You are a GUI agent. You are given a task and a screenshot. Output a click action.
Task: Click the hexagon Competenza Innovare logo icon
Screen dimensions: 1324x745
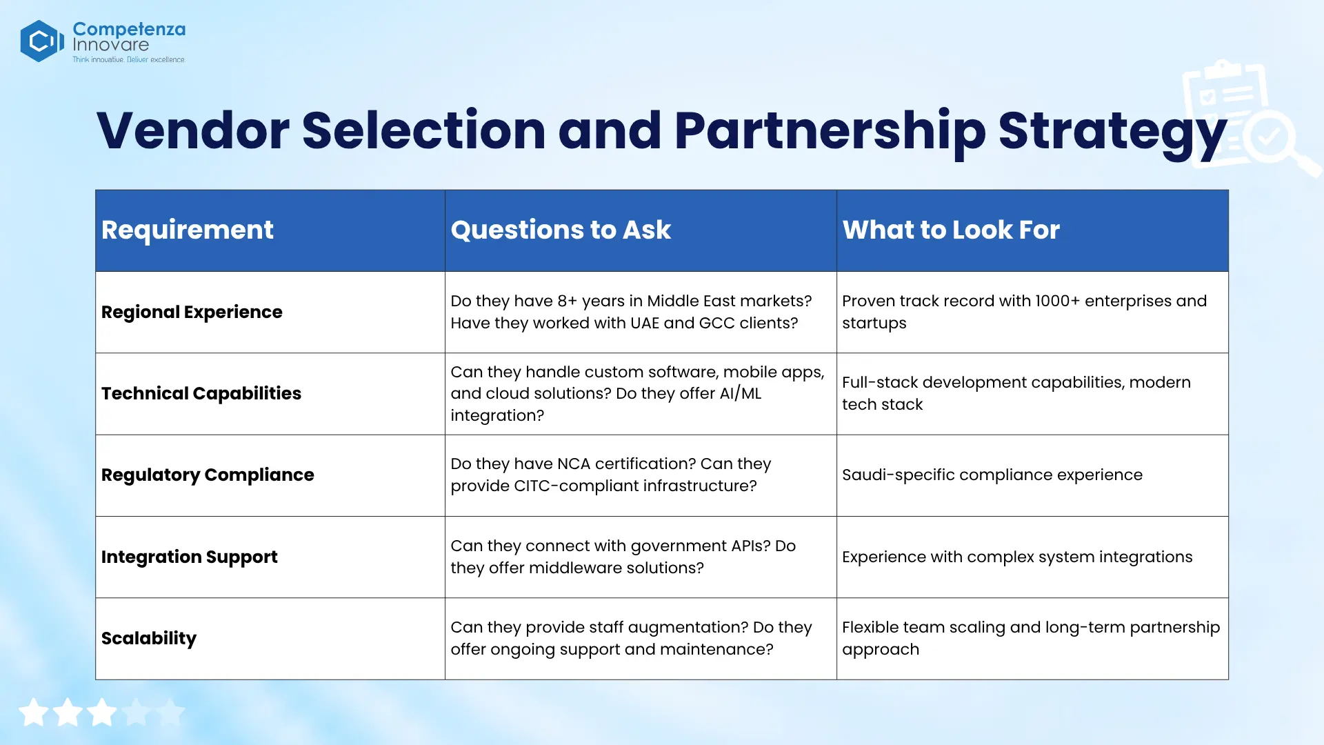point(42,41)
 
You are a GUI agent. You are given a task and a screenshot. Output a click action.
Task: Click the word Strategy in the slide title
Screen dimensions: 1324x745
point(1112,132)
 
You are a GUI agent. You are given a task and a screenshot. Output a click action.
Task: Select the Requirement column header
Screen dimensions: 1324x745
point(188,230)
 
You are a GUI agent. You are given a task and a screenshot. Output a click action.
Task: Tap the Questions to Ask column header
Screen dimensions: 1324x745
point(561,230)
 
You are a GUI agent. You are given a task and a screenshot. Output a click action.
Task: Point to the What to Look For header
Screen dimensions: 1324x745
point(951,230)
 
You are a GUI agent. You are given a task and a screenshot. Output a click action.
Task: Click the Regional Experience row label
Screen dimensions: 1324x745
point(192,312)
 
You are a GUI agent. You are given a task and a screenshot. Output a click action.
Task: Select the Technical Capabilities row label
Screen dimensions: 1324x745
point(201,394)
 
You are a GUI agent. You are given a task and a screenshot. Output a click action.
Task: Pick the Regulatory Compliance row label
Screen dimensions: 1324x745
point(208,475)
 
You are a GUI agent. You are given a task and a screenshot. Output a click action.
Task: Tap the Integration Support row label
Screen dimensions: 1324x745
point(190,557)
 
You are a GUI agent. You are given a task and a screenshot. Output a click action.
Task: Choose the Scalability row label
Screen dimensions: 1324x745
point(149,639)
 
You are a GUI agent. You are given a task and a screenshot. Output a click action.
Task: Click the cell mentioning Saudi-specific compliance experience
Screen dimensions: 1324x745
point(992,475)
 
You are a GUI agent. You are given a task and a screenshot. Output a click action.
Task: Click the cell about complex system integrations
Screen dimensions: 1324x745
point(1017,557)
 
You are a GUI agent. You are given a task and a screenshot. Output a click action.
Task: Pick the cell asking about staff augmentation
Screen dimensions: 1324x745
point(631,638)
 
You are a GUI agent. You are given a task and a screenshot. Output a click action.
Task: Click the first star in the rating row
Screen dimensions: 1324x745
point(33,713)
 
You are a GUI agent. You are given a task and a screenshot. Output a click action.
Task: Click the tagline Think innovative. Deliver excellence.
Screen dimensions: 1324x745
point(129,60)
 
